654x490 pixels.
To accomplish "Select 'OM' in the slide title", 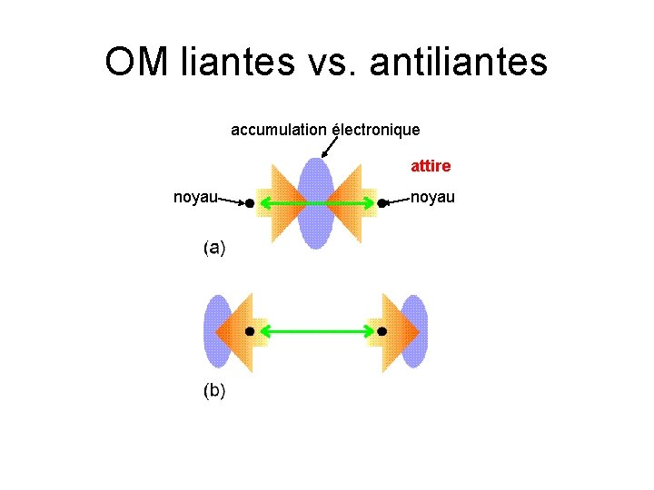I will [136, 63].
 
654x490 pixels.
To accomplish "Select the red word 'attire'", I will [431, 167].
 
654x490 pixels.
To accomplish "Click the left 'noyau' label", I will [195, 197].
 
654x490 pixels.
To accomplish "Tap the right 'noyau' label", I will [433, 197].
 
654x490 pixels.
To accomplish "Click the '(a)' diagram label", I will [214, 247].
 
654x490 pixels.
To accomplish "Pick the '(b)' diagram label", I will [214, 391].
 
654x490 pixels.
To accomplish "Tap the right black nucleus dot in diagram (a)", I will [382, 204].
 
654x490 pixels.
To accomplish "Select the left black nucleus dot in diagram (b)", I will [249, 332].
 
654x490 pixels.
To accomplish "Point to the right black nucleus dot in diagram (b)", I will [381, 332].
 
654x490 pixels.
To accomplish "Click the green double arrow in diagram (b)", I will [315, 332].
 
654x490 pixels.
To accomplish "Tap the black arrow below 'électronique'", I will [329, 147].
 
